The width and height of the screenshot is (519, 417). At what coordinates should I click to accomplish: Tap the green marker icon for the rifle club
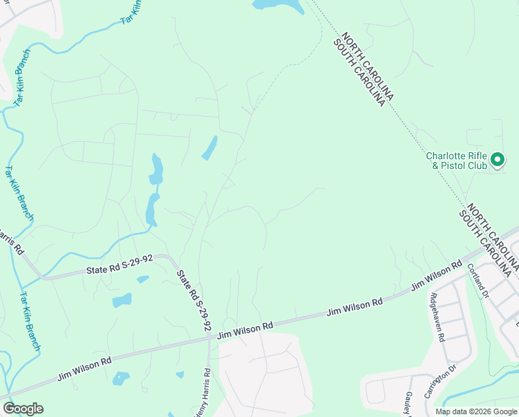click(497, 161)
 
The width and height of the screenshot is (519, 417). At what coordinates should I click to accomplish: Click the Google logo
click(23, 409)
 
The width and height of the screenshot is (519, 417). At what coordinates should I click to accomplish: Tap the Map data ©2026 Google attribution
click(476, 411)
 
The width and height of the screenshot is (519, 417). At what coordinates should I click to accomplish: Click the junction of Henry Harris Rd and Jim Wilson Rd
click(209, 338)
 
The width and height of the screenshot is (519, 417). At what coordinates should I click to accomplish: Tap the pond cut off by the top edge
click(278, 5)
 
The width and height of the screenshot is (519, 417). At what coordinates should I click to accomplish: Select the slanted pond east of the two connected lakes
click(210, 147)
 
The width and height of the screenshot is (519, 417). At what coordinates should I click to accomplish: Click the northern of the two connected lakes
click(157, 169)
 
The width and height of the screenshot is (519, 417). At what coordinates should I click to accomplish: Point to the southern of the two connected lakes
click(151, 209)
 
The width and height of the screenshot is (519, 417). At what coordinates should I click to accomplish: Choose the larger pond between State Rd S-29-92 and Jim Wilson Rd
click(122, 300)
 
